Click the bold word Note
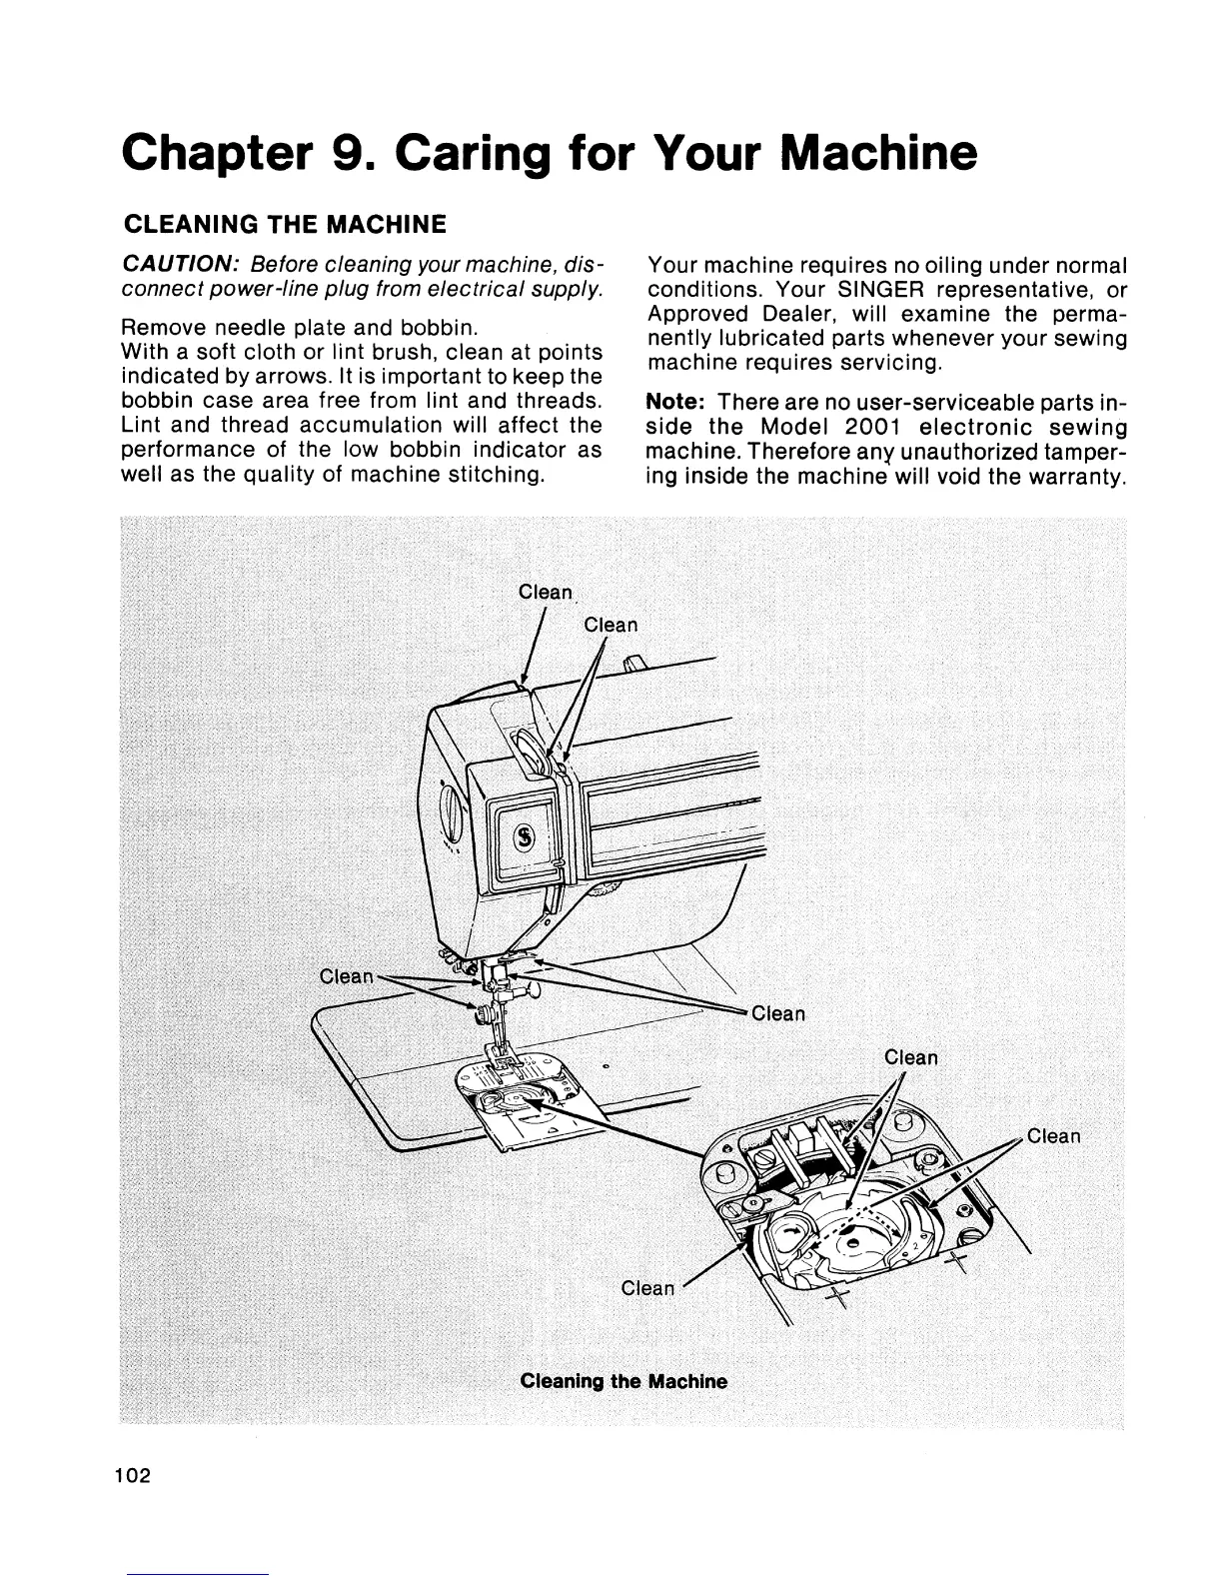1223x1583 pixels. (x=676, y=402)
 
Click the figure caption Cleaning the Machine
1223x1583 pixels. (x=623, y=1382)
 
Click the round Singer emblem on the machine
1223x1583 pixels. (x=523, y=835)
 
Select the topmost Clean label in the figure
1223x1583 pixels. (x=545, y=592)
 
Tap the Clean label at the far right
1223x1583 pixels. (x=1053, y=1136)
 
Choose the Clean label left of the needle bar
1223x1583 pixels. (x=345, y=976)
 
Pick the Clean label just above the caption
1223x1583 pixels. (x=647, y=1288)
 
